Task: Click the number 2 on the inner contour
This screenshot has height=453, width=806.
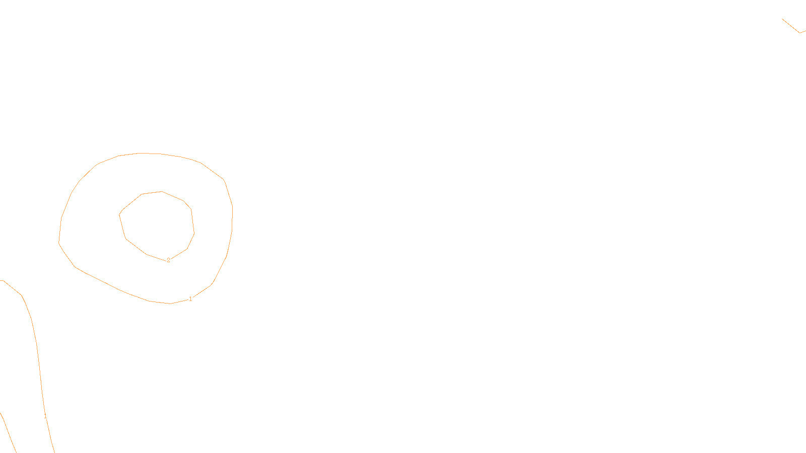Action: [x=168, y=260]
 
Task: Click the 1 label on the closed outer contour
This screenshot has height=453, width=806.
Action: [x=190, y=299]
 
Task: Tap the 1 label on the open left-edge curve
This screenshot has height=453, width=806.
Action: [x=45, y=416]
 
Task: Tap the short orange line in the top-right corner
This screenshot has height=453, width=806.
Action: [x=791, y=26]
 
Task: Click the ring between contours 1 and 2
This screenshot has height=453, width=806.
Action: [x=91, y=221]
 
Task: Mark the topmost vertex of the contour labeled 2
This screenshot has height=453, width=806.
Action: [x=162, y=191]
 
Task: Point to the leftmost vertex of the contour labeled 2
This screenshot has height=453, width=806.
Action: [x=119, y=214]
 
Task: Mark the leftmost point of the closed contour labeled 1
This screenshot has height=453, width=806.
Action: [x=59, y=243]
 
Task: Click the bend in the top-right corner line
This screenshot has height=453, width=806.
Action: [x=799, y=33]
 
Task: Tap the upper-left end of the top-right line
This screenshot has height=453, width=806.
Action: [x=782, y=19]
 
